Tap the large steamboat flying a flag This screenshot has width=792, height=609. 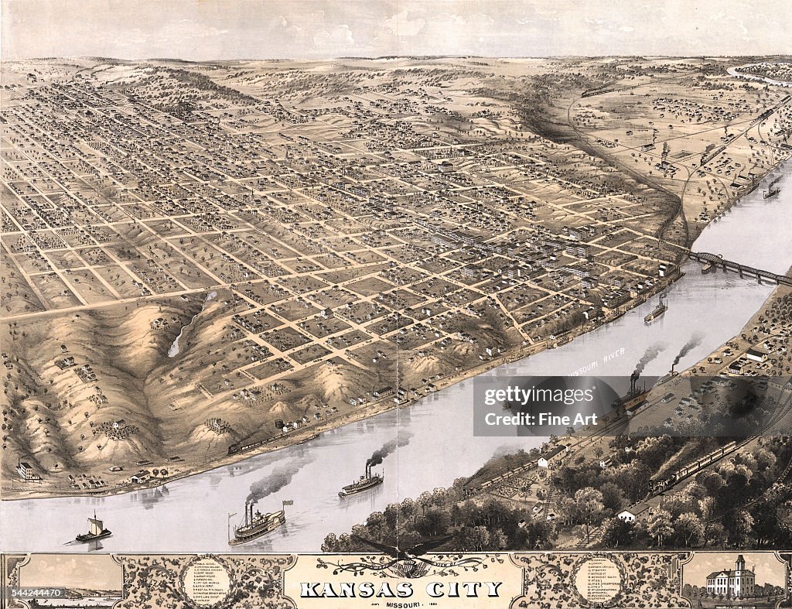tap(258, 524)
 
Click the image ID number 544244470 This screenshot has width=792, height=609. tap(32, 593)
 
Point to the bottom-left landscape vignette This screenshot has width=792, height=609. tap(70, 580)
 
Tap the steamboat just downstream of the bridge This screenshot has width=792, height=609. tap(656, 310)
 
